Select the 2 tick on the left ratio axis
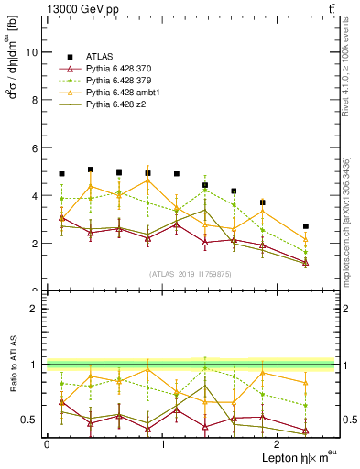[37, 309]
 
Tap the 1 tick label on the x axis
[162, 444]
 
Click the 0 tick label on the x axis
[47, 444]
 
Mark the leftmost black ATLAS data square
[61, 174]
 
